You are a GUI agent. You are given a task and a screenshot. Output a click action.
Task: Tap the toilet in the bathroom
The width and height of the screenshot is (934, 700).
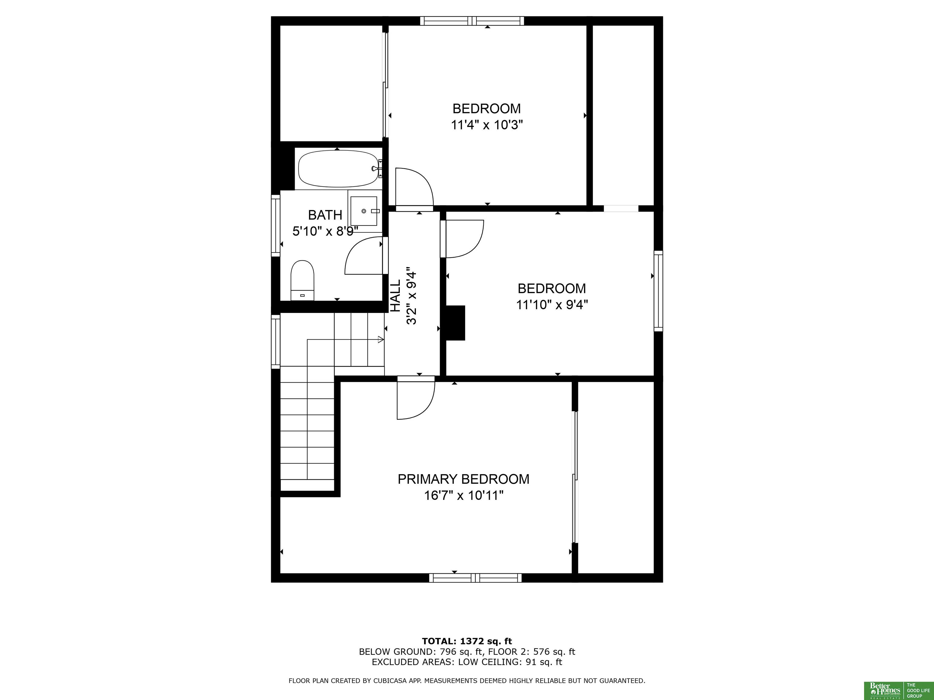pyautogui.click(x=302, y=280)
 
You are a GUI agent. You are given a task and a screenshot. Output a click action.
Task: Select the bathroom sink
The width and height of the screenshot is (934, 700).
pyautogui.click(x=364, y=211)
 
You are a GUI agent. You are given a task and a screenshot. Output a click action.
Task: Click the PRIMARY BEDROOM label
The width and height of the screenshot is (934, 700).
pyautogui.click(x=463, y=479)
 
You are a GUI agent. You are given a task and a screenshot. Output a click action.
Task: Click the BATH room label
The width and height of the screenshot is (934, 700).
pyautogui.click(x=325, y=215)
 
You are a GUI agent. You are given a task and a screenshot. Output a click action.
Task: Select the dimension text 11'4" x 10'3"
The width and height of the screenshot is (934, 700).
pyautogui.click(x=487, y=125)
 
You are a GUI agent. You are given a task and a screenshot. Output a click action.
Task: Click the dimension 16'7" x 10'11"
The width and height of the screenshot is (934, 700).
pyautogui.click(x=464, y=495)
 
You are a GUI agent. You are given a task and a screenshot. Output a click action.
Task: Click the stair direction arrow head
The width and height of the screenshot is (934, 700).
pyautogui.click(x=381, y=339)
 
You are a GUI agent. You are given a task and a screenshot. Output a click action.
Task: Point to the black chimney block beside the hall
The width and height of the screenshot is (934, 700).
pyautogui.click(x=456, y=323)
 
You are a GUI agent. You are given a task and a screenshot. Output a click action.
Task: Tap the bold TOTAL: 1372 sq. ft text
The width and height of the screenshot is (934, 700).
pyautogui.click(x=467, y=641)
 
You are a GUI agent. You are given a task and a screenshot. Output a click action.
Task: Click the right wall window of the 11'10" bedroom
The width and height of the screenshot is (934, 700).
pyautogui.click(x=658, y=291)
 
